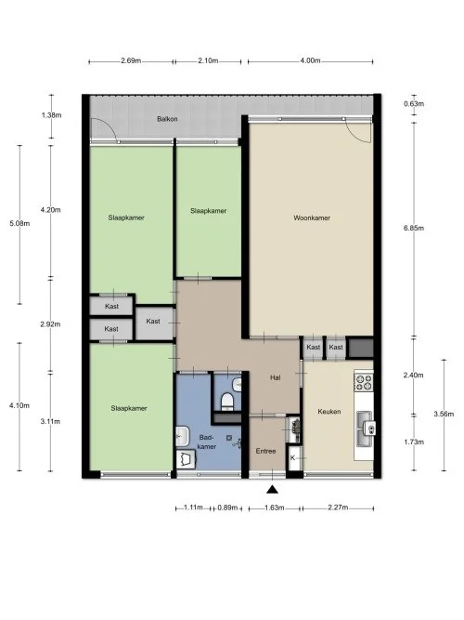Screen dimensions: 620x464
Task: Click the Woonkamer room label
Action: (312, 219)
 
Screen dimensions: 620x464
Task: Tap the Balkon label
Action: (167, 120)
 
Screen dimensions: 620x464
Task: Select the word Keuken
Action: (329, 412)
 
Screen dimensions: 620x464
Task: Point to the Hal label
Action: (275, 378)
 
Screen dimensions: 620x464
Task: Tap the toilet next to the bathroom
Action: (228, 399)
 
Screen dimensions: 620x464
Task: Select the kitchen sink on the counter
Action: (367, 429)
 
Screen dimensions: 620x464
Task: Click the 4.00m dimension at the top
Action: (310, 60)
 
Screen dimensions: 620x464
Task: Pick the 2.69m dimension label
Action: (131, 60)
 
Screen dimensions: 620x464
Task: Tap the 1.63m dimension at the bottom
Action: (272, 508)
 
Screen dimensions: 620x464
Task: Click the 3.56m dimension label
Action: (444, 413)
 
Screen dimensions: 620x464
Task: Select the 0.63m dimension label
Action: (414, 103)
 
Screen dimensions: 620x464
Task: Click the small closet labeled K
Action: (293, 458)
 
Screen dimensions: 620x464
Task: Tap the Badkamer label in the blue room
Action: (206, 441)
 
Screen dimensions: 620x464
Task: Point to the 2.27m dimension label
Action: (338, 508)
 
